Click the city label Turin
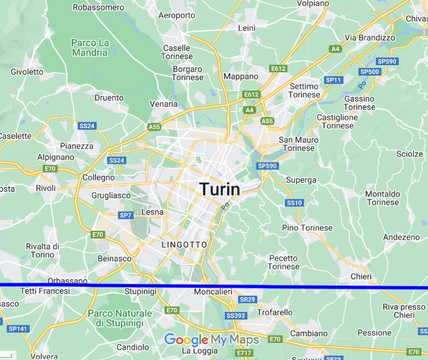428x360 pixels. [220, 189]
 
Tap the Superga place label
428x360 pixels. [301, 180]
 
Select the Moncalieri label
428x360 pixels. [213, 292]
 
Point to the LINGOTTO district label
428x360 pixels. [184, 244]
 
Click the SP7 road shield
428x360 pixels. [125, 215]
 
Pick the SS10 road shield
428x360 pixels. [294, 203]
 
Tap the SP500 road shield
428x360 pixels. [369, 72]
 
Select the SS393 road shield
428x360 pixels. [235, 315]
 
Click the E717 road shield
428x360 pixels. [244, 352]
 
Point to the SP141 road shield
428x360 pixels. [17, 329]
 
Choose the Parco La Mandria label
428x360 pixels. [89, 47]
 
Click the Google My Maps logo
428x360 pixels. [212, 340]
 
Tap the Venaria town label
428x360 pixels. [163, 104]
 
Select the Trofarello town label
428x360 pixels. [275, 313]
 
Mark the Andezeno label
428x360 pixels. [401, 237]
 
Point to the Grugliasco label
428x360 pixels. [111, 195]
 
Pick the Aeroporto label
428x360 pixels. [177, 15]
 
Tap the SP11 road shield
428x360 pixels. [334, 80]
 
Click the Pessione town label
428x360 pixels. [374, 333]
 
